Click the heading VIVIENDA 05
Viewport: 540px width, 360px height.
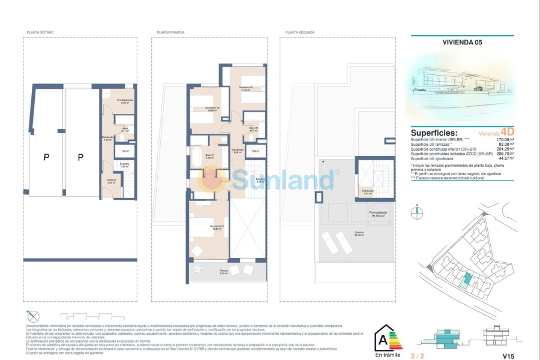coord(462,43)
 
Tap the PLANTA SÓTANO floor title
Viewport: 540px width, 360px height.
coord(40,32)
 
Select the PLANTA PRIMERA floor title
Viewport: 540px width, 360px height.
coord(170,32)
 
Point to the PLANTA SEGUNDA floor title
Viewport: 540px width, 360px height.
coord(300,32)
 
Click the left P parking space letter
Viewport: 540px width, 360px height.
coord(46,157)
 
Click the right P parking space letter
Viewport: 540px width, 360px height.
coord(80,157)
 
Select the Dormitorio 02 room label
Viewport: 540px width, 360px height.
coord(245,88)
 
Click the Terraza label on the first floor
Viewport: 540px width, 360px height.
coord(223,271)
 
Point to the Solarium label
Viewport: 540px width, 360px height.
coord(358,234)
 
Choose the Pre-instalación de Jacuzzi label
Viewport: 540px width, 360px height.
coord(376,213)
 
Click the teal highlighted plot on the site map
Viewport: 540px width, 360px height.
coord(468,279)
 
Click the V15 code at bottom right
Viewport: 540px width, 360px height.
coord(509,356)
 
